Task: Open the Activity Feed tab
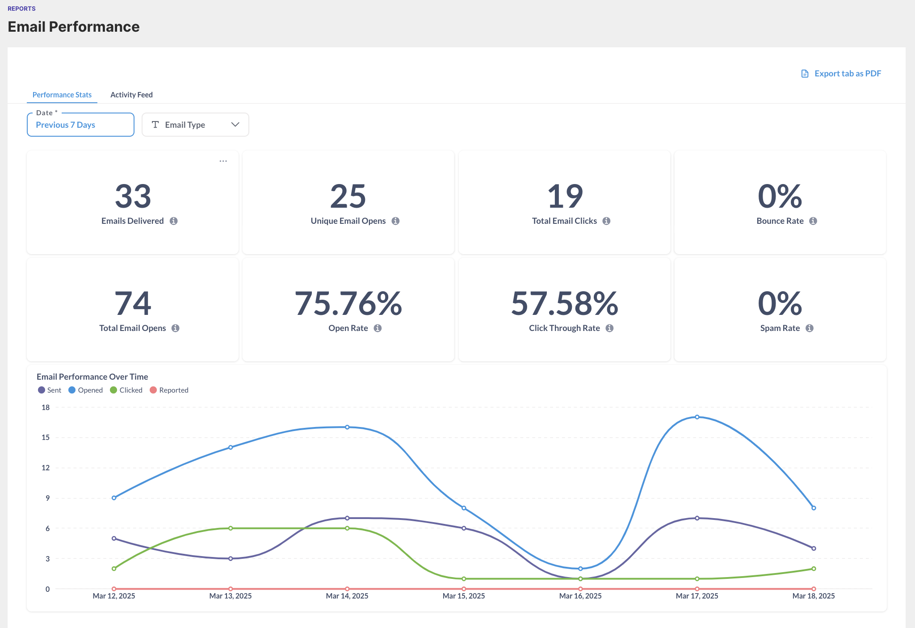tap(131, 95)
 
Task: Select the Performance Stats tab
tap(62, 95)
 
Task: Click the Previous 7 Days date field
tap(80, 125)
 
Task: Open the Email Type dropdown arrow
tap(235, 125)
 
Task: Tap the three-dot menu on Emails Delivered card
tap(223, 161)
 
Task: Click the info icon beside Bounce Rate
tap(813, 221)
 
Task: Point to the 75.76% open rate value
tap(348, 304)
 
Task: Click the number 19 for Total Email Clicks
tap(565, 197)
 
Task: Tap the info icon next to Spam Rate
tap(810, 328)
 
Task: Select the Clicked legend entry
tap(126, 390)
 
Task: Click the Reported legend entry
tap(169, 390)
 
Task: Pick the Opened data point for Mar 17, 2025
tap(697, 417)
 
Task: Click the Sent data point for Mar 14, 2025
tap(347, 518)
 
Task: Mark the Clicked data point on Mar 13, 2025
tap(231, 528)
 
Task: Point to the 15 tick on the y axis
tap(46, 437)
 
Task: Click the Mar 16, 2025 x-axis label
tap(580, 596)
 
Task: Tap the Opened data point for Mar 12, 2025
tap(114, 498)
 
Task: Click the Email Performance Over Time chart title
tap(92, 377)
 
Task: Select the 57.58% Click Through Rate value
tap(564, 304)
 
